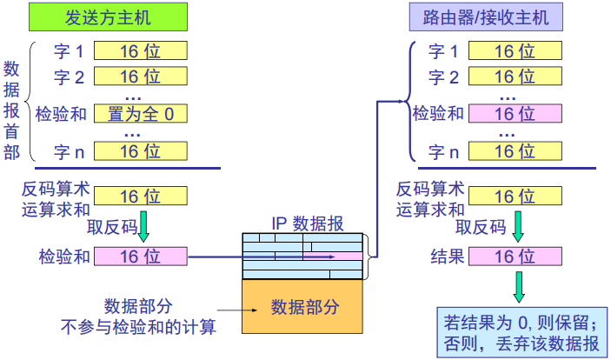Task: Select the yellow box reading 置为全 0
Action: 140,113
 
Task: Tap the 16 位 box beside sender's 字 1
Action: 140,52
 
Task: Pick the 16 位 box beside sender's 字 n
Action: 140,151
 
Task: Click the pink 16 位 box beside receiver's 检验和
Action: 515,113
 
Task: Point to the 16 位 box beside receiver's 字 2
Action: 515,77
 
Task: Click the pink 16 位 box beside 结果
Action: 515,256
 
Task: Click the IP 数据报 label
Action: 303,223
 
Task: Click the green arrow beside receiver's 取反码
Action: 518,228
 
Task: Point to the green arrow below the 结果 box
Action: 518,283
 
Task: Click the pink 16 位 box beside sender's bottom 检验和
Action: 140,256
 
